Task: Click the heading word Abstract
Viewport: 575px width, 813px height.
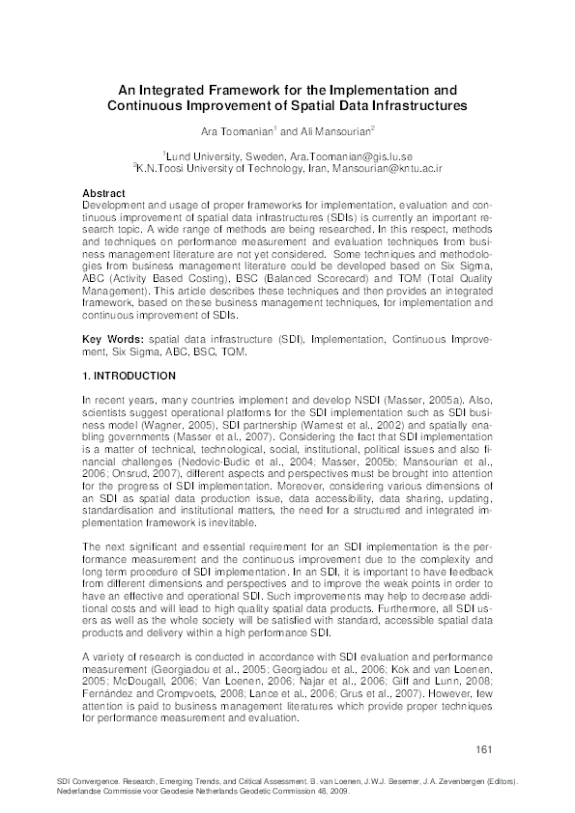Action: click(104, 193)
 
